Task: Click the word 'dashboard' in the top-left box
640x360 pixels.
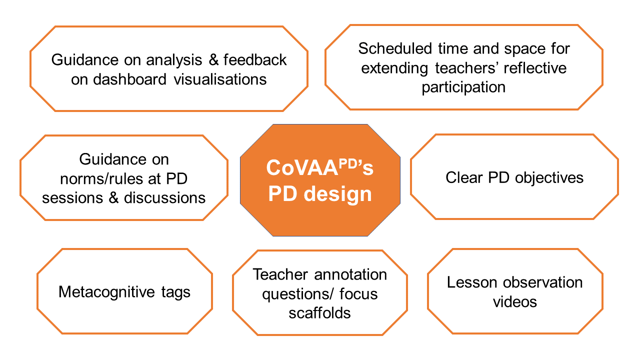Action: point(129,79)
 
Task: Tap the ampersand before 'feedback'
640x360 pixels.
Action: point(213,59)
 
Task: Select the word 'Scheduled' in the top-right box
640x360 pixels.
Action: point(395,48)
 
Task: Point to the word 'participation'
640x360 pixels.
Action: point(463,87)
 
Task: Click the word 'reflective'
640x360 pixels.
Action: point(535,67)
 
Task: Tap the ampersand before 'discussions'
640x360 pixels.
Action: point(113,197)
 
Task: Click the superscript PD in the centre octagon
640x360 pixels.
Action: point(347,163)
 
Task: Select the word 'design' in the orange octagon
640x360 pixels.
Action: point(337,194)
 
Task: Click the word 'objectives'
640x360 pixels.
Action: point(549,177)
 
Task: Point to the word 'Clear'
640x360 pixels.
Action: point(464,177)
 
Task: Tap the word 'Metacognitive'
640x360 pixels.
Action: point(106,292)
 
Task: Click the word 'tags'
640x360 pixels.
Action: point(175,292)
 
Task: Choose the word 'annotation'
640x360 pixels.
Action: point(350,274)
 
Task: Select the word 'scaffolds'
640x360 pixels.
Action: point(319,313)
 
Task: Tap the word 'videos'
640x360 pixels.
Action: point(515,301)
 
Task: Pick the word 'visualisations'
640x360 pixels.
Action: point(220,79)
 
